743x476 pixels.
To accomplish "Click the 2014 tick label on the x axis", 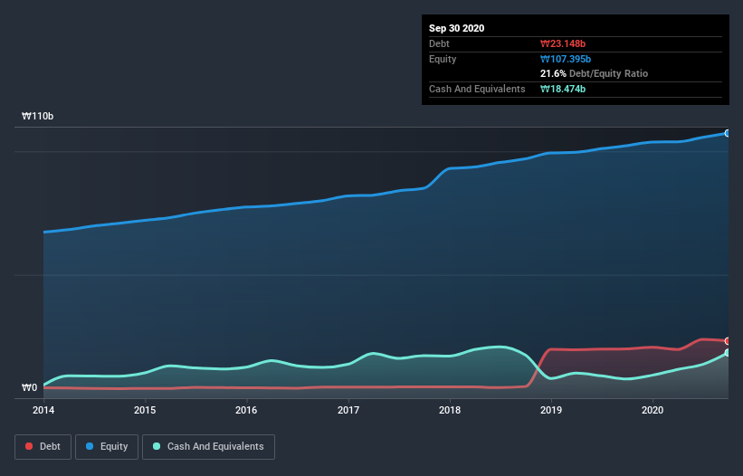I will [x=43, y=410].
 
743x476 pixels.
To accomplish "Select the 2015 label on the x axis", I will [x=145, y=410].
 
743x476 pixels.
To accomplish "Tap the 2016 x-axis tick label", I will [x=246, y=410].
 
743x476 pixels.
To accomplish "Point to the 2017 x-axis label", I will [x=348, y=410].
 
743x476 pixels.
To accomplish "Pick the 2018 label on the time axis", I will [x=450, y=410].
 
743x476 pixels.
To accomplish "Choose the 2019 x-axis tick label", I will [x=551, y=410].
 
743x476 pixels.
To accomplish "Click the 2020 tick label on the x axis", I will [x=653, y=410].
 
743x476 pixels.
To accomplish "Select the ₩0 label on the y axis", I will [x=30, y=388].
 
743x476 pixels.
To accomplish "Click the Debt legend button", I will [x=43, y=446].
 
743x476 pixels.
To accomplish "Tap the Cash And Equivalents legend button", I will [x=208, y=446].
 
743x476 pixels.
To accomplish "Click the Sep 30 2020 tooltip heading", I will [x=456, y=28].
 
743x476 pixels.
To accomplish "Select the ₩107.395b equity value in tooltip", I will [x=567, y=59].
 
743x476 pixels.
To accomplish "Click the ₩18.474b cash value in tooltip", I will [x=564, y=89].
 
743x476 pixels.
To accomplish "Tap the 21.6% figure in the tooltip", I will [x=553, y=73].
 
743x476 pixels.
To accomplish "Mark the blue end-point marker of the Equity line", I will [x=728, y=133].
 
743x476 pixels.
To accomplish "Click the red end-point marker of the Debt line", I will [x=728, y=341].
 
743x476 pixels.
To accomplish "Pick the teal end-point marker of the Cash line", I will [x=728, y=353].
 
